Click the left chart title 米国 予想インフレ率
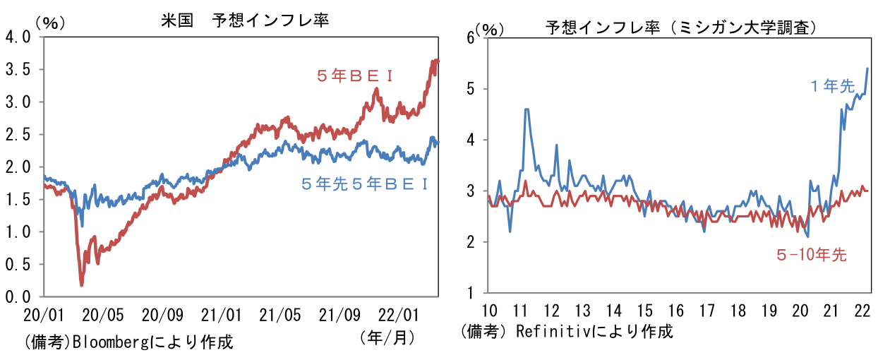point(245,20)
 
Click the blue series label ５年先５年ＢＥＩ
point(365,184)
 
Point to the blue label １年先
point(832,86)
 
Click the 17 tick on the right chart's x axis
point(706,310)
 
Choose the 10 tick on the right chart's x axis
point(488,310)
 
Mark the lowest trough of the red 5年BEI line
point(82,284)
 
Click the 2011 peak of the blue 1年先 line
point(527,109)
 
